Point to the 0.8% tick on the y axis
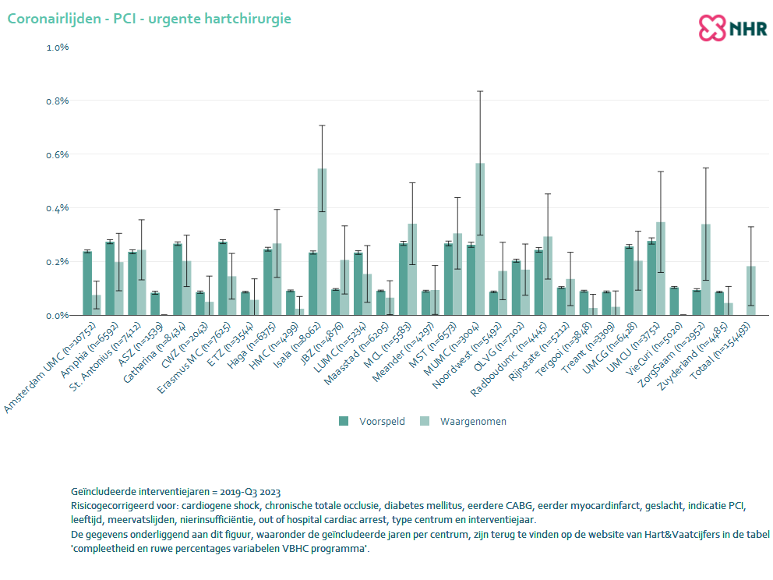(58, 101)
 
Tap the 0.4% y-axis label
(58, 208)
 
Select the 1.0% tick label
(58, 47)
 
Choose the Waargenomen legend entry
(464, 422)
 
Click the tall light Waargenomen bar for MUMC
(480, 239)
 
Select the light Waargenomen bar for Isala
(322, 242)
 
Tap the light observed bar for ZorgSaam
(706, 270)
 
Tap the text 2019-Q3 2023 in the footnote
(252, 492)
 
